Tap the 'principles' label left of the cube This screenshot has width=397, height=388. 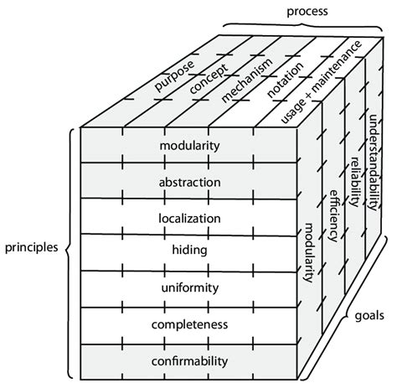(32, 248)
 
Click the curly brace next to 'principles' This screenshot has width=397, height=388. (69, 248)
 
